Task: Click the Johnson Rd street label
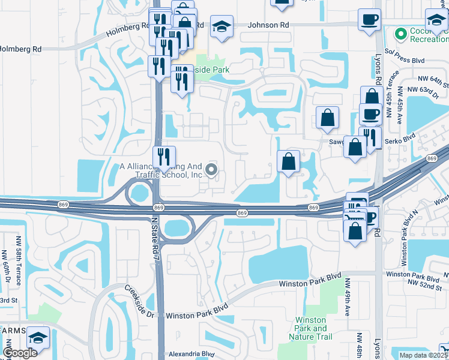pyautogui.click(x=270, y=25)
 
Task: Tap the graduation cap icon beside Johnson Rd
pyautogui.click(x=222, y=26)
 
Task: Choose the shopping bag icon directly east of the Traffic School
pyautogui.click(x=289, y=161)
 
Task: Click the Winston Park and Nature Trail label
pyautogui.click(x=312, y=328)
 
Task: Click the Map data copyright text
pyautogui.click(x=424, y=355)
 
